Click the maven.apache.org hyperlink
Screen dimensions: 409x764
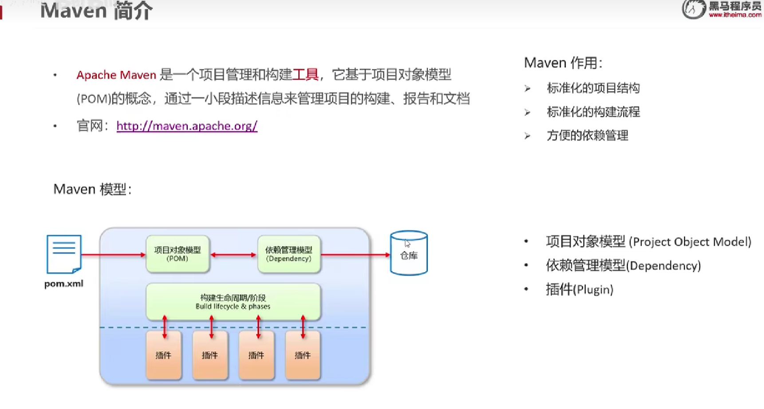pyautogui.click(x=187, y=126)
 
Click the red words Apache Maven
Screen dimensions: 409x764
pyautogui.click(x=116, y=75)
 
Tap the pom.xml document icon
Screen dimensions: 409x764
pyautogui.click(x=64, y=254)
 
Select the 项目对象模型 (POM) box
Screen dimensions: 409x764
pyautogui.click(x=177, y=254)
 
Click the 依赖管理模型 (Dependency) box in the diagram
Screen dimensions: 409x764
pyautogui.click(x=289, y=254)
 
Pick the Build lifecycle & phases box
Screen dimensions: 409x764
pyautogui.click(x=233, y=302)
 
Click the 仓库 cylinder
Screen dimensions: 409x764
pyautogui.click(x=409, y=253)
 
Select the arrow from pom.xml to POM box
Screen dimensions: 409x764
pyautogui.click(x=114, y=255)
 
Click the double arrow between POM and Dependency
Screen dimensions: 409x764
pyautogui.click(x=233, y=255)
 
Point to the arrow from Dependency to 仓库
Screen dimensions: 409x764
pyautogui.click(x=355, y=255)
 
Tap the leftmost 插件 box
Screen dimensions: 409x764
pyautogui.click(x=164, y=355)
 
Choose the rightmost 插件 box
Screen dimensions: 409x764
pyautogui.click(x=303, y=355)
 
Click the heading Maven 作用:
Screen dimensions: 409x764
pyautogui.click(x=563, y=63)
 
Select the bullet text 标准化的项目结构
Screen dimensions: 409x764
pyautogui.click(x=593, y=88)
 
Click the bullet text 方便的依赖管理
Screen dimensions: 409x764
pyautogui.click(x=587, y=135)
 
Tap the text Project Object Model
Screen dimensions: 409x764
pyautogui.click(x=690, y=242)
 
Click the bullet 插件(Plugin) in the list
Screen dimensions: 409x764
pyautogui.click(x=579, y=290)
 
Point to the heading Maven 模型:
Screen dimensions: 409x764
pyautogui.click(x=92, y=189)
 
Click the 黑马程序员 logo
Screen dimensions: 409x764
pyautogui.click(x=722, y=9)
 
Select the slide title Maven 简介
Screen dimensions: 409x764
pyautogui.click(x=96, y=11)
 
